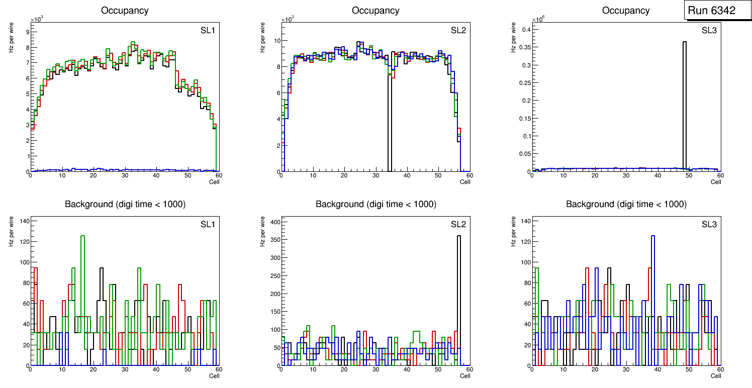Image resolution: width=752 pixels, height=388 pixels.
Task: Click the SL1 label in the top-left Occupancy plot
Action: click(x=208, y=31)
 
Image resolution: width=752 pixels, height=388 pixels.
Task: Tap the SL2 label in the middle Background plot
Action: click(x=458, y=225)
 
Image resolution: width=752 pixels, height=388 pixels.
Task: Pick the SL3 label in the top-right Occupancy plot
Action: click(x=709, y=31)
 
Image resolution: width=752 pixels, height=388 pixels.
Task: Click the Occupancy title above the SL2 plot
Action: click(x=375, y=11)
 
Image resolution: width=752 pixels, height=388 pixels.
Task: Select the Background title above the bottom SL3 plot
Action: click(x=626, y=204)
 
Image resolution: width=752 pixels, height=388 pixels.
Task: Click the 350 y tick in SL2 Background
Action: click(x=273, y=239)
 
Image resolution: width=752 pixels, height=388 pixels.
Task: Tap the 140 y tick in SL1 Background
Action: click(x=23, y=221)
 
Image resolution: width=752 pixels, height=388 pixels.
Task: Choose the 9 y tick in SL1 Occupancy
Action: click(x=26, y=32)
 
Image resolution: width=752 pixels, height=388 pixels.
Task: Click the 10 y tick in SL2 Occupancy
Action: click(x=275, y=40)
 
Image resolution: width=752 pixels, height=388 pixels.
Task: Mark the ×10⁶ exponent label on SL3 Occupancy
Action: click(x=538, y=19)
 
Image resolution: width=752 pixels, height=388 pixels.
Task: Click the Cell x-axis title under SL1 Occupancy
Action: click(x=214, y=182)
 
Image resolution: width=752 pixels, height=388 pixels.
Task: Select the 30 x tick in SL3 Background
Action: click(x=626, y=370)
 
